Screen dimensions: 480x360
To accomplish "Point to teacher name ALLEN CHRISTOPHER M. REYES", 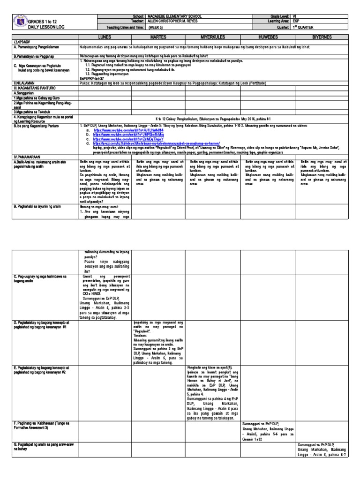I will pos(175,21).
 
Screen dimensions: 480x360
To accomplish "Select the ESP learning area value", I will pos(295,21).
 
